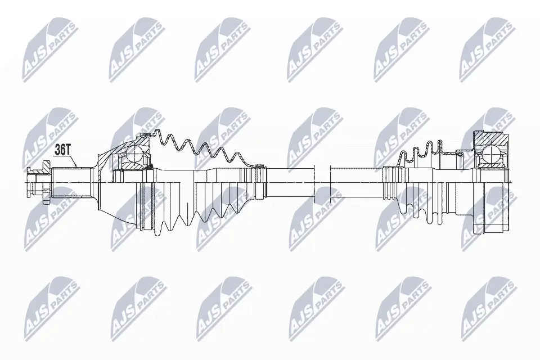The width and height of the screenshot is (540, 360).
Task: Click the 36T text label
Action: click(x=62, y=150)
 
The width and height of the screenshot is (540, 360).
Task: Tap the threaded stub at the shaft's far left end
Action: click(x=34, y=182)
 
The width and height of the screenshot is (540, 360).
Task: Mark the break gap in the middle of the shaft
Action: click(x=321, y=181)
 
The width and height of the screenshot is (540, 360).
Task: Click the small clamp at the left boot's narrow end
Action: click(x=259, y=165)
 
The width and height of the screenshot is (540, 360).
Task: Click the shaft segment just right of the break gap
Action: click(x=354, y=181)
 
